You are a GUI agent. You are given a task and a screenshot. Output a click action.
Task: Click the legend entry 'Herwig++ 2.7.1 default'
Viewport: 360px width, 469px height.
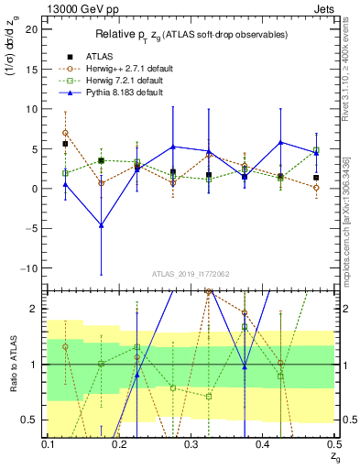pyautogui.click(x=116, y=67)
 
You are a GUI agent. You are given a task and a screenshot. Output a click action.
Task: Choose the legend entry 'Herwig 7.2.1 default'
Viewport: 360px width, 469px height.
pyautogui.click(x=114, y=80)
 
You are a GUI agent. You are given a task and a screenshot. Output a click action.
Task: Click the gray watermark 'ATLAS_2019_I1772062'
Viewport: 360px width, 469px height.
pyautogui.click(x=191, y=273)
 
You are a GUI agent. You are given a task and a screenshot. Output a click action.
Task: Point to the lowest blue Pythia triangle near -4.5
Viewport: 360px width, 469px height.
pyautogui.click(x=101, y=224)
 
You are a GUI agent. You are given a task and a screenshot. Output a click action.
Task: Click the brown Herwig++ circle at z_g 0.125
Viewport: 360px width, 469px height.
pyautogui.click(x=65, y=133)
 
